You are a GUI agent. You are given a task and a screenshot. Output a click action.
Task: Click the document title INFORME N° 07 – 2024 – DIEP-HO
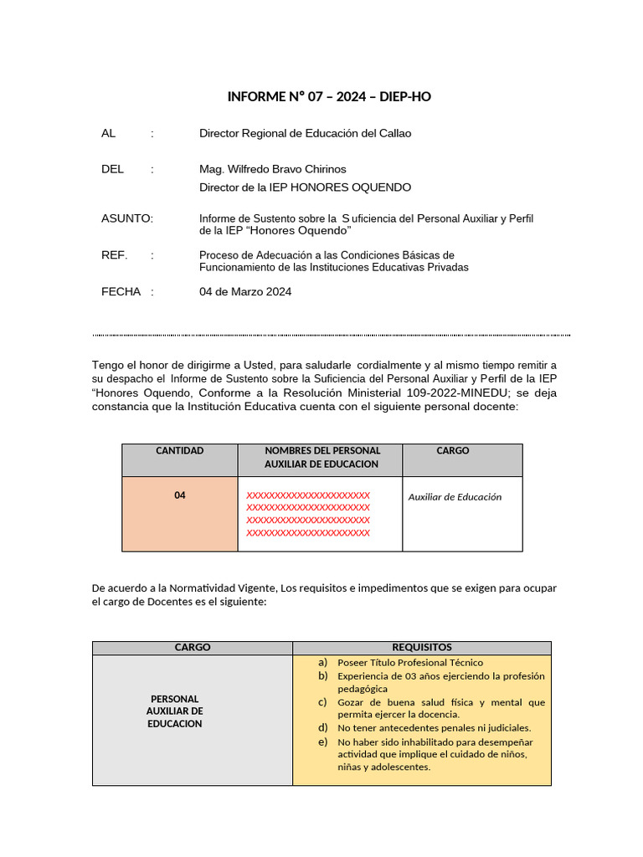pos(329,97)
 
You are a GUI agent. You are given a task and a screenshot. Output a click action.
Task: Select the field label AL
pos(108,133)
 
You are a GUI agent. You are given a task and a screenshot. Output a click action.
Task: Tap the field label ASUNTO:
pos(126,218)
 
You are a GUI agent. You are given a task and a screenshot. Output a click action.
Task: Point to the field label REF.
pos(114,255)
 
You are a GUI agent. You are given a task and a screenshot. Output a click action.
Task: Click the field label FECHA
pos(121,292)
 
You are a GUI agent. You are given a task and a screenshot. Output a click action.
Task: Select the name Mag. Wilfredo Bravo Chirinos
pos(272,169)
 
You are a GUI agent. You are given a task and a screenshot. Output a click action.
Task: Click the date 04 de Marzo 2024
pos(245,292)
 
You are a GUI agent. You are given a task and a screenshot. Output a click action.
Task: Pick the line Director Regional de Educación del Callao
pos(305,133)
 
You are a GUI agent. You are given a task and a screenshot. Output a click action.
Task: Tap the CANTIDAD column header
pos(179,451)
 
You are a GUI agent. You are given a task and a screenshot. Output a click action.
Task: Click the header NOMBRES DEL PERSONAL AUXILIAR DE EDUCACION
pos(321,458)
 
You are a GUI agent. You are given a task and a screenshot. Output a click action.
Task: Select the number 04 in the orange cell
pos(180,495)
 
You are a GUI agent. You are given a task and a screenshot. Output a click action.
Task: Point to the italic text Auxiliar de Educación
pos(455,497)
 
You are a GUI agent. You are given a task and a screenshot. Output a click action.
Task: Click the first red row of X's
pos(308,495)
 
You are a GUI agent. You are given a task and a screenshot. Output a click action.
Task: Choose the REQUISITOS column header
pos(422,648)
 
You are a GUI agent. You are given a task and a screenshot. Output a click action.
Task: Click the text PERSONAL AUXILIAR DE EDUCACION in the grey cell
pos(175,711)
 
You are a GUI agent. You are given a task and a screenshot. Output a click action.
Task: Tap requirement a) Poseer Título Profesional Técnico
pos(410,663)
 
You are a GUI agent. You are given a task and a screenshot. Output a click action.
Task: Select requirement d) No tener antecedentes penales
pos(434,728)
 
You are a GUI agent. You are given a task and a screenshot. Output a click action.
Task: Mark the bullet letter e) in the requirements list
pos(322,742)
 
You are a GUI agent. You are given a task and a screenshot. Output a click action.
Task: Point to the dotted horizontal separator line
pos(331,335)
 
